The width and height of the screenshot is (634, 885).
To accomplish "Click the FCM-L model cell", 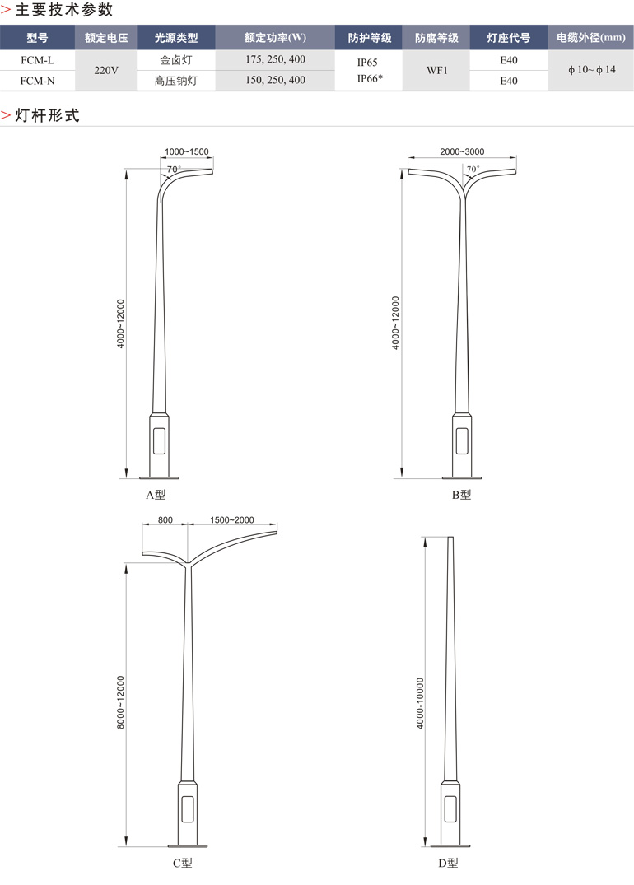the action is point(37,60).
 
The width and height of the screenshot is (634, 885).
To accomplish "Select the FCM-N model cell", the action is point(37,81).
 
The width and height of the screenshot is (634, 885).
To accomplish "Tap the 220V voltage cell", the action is point(106,71).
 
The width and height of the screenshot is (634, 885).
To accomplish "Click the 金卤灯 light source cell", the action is point(176,60).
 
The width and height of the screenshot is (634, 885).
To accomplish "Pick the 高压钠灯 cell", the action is point(176,81).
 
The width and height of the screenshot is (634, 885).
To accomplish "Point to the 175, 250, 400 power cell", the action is point(276,59).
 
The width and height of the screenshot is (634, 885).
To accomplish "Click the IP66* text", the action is point(370,78).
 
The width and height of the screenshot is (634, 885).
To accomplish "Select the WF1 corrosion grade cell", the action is point(437,71).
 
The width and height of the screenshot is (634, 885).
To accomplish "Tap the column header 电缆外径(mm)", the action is point(591,38).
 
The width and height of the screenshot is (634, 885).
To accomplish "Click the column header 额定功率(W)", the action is point(276,38).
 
